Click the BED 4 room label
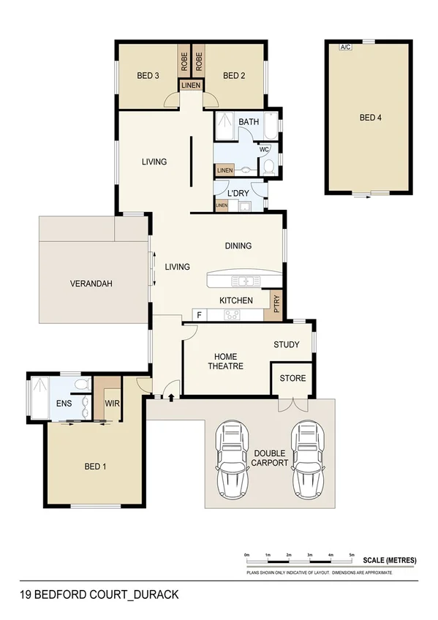pyautogui.click(x=370, y=117)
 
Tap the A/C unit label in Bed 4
pyautogui.click(x=344, y=47)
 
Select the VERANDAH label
pyautogui.click(x=91, y=284)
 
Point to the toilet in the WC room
pyautogui.click(x=268, y=167)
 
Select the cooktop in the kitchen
pyautogui.click(x=233, y=315)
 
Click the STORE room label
pyautogui.click(x=293, y=378)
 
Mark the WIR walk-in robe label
pyautogui.click(x=112, y=403)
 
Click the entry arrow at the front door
pyautogui.click(x=171, y=398)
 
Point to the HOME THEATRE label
pyautogui.click(x=225, y=360)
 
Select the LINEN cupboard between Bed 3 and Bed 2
pyautogui.click(x=190, y=86)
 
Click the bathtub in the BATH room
pyautogui.click(x=272, y=126)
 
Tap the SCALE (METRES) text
pyautogui.click(x=390, y=560)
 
